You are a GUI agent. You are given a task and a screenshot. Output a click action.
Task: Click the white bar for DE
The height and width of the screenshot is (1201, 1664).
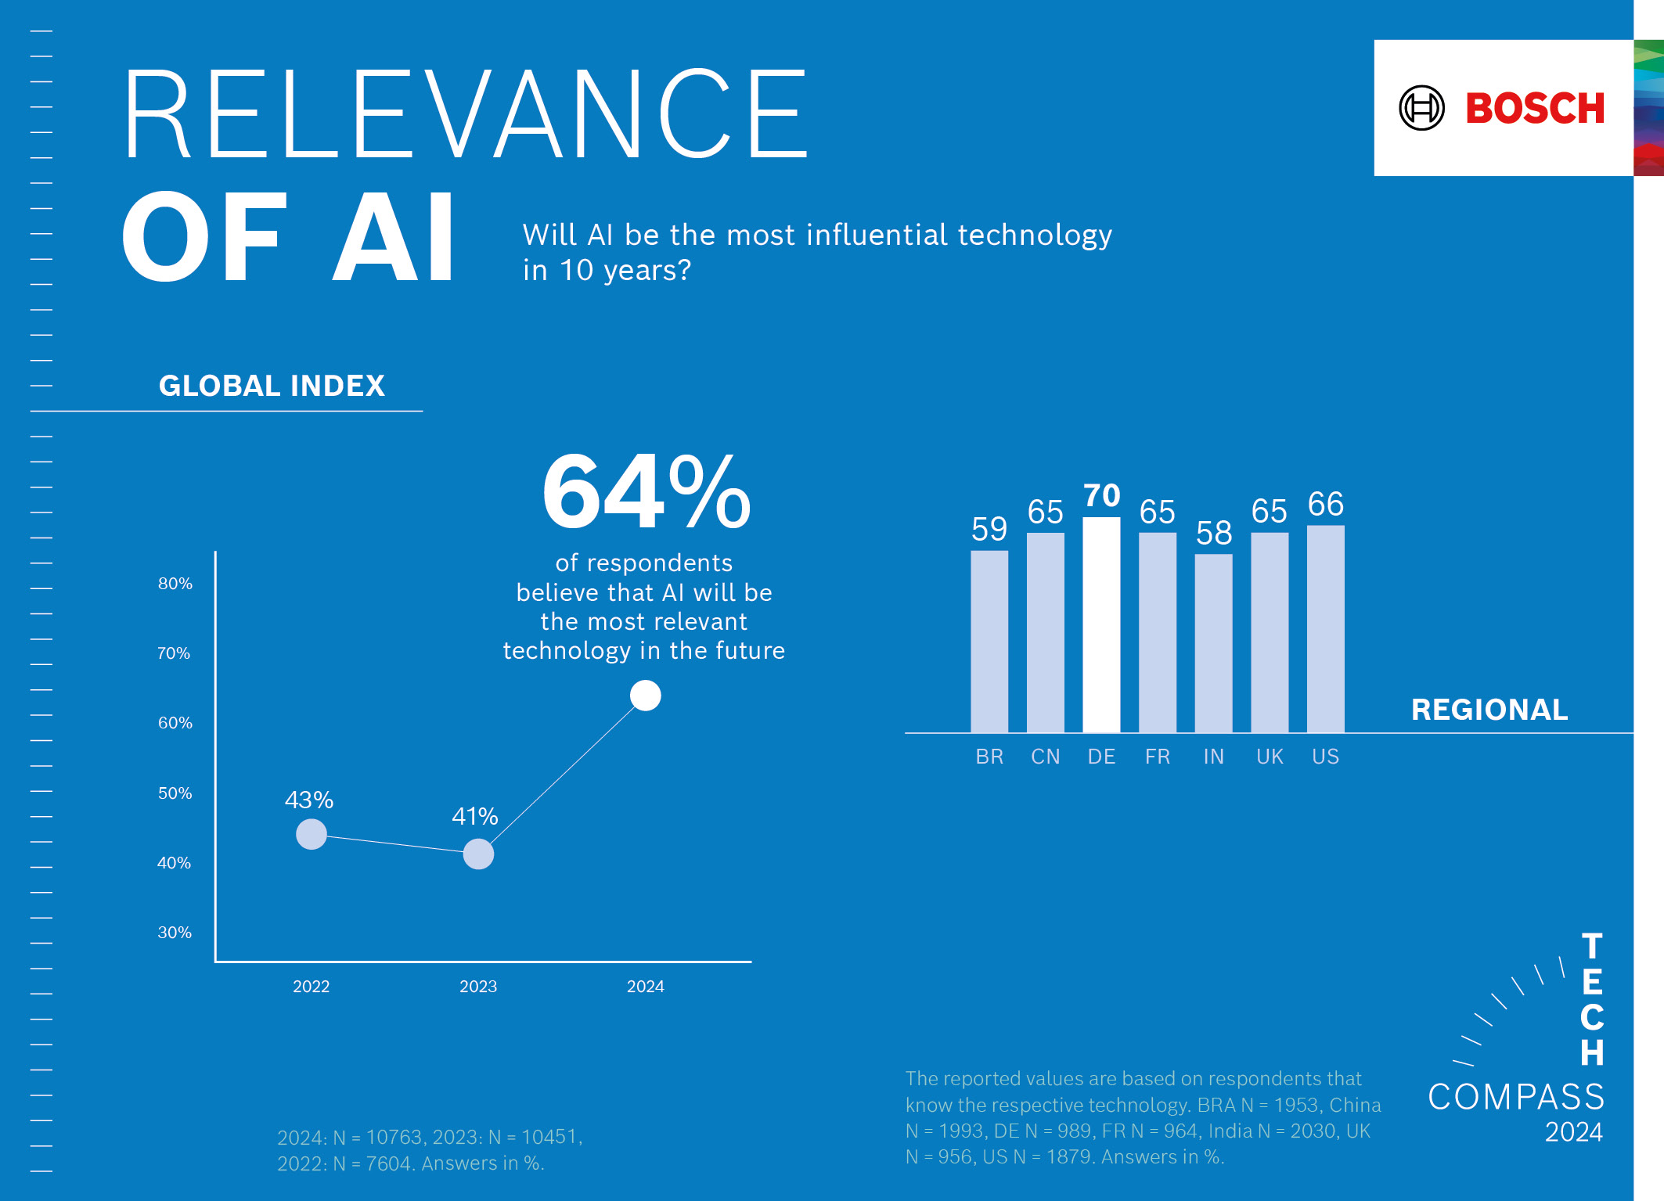[x=1101, y=625]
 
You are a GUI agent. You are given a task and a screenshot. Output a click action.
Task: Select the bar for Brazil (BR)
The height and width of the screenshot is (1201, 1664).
[x=989, y=642]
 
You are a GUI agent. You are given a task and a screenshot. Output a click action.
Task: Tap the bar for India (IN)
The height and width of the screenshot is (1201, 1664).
[x=1213, y=643]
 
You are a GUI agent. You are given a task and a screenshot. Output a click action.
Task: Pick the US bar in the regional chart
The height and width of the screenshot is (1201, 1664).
[x=1326, y=629]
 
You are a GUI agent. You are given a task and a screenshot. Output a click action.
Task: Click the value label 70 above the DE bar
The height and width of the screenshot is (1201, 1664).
[x=1102, y=495]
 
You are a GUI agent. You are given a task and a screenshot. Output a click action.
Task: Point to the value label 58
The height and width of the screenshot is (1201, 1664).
[x=1214, y=534]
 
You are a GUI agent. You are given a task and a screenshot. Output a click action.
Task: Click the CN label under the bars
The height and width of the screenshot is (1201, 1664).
[x=1046, y=757]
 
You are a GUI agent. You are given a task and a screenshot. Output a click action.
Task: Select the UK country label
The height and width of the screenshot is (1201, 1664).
[x=1270, y=757]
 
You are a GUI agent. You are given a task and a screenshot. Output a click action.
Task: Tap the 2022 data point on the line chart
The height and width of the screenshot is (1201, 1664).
[x=312, y=834]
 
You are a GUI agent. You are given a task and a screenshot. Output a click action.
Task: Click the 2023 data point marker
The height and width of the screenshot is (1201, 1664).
[x=478, y=854]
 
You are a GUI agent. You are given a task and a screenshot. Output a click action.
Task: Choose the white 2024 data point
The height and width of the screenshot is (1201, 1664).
[x=646, y=696]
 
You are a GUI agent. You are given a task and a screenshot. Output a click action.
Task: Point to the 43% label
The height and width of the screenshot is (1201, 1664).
[x=309, y=800]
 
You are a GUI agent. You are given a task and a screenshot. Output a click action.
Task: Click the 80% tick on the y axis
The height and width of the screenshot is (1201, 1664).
[x=175, y=584]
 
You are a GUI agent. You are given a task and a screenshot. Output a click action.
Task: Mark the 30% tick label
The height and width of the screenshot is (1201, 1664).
[x=175, y=933]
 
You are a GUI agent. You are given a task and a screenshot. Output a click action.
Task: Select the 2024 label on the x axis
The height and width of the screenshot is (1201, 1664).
[x=646, y=987]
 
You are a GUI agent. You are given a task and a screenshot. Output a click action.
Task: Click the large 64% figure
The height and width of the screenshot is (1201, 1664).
[x=647, y=494]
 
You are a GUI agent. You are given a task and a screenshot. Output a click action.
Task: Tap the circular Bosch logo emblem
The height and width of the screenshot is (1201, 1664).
[x=1421, y=108]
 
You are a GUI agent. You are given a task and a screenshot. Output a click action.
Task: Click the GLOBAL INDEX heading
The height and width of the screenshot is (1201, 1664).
[x=272, y=386]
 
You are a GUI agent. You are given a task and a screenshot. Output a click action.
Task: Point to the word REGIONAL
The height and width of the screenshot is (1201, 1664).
[x=1489, y=710]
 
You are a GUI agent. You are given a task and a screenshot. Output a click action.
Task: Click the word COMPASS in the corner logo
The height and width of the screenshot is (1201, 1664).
[x=1516, y=1097]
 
